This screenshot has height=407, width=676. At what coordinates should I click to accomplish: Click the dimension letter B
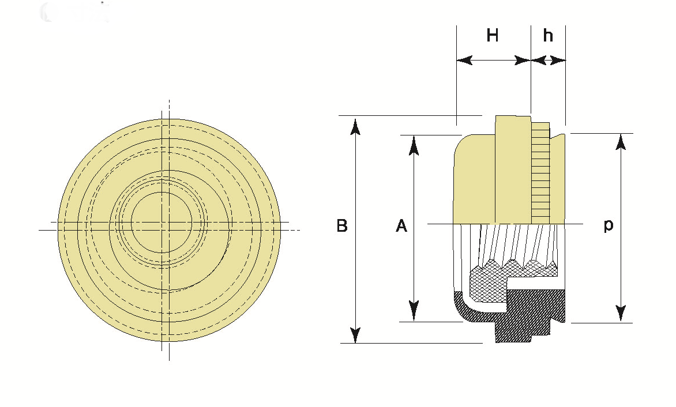(x=342, y=225)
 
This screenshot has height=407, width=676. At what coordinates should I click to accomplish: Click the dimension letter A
(x=401, y=225)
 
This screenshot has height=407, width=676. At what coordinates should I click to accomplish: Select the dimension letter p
(x=609, y=225)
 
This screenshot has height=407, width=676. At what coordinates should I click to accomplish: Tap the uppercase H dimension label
(x=492, y=36)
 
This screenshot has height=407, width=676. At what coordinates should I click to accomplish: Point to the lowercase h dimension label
(x=548, y=36)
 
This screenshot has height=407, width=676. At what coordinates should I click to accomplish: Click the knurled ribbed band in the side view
(x=540, y=173)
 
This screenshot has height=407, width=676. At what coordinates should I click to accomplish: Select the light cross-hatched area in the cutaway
(x=487, y=282)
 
